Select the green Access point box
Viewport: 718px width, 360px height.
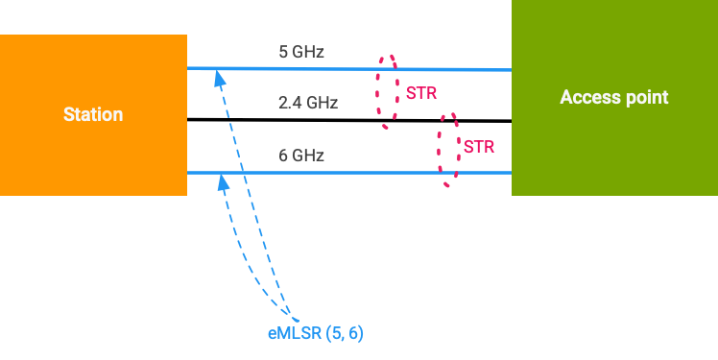tap(614, 144)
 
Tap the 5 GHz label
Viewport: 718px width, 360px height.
tap(301, 52)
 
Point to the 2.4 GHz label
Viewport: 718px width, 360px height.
tap(308, 102)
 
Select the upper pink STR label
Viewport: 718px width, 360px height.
tap(421, 94)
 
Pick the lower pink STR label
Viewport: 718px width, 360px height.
tap(479, 147)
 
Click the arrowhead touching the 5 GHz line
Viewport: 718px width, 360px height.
tap(219, 78)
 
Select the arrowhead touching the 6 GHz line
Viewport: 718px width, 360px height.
tap(224, 181)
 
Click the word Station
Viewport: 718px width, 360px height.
tap(93, 114)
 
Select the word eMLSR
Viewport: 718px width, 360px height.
tap(294, 333)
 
